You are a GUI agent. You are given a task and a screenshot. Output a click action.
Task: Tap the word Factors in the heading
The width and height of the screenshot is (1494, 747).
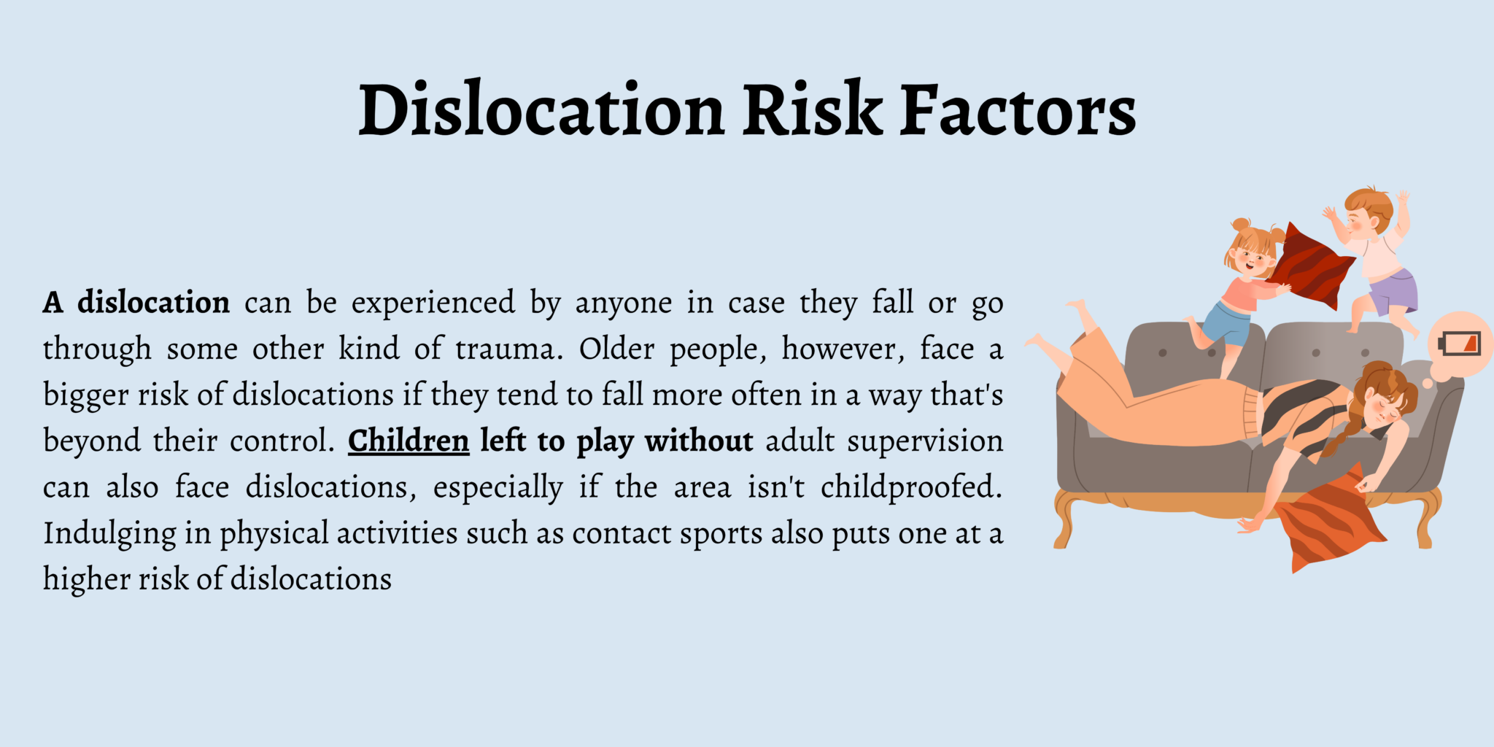1018,111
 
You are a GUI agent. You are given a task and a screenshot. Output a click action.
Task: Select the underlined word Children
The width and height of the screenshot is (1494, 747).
409,441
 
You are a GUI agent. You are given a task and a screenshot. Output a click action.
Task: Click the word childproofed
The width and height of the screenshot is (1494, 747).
911,487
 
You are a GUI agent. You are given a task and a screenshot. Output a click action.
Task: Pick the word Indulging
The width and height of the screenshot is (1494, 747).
109,534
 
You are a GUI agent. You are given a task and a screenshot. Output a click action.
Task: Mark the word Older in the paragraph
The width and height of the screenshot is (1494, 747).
617,349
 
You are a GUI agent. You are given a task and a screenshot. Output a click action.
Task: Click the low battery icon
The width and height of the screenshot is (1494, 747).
1460,344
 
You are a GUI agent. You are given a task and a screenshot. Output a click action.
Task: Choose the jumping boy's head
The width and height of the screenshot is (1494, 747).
1367,212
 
